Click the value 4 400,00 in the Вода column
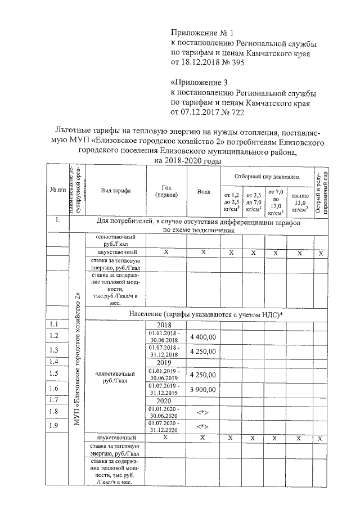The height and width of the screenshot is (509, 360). (x=203, y=336)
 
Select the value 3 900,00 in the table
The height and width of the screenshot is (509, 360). (x=203, y=389)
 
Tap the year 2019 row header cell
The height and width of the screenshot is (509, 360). (x=163, y=363)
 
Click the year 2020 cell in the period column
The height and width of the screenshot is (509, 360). (x=163, y=400)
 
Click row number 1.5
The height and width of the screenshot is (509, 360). (x=55, y=373)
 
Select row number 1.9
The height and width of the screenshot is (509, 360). (x=55, y=426)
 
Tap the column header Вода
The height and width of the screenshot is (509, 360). (x=203, y=191)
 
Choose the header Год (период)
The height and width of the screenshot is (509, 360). (x=163, y=191)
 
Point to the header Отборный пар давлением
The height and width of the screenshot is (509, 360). (x=267, y=177)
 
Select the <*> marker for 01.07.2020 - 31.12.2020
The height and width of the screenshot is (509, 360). (x=203, y=426)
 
